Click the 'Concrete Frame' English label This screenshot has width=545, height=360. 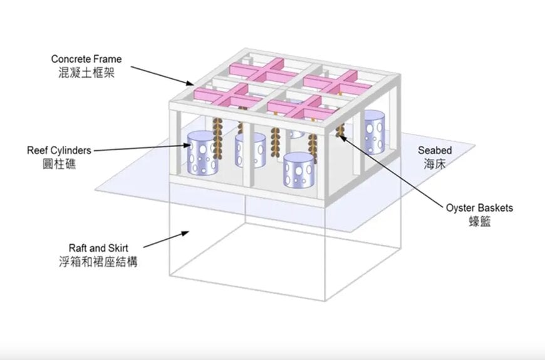pos(86,59)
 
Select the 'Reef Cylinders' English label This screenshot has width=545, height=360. pos(59,150)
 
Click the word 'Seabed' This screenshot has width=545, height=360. pos(435,151)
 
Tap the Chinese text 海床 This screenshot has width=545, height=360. pos(435,163)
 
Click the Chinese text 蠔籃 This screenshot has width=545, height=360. pos(479,220)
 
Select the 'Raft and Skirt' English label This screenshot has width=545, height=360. pos(99,248)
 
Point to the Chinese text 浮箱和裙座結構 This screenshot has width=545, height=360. pos(99,261)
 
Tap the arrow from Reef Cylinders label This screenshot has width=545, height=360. pos(142,148)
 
